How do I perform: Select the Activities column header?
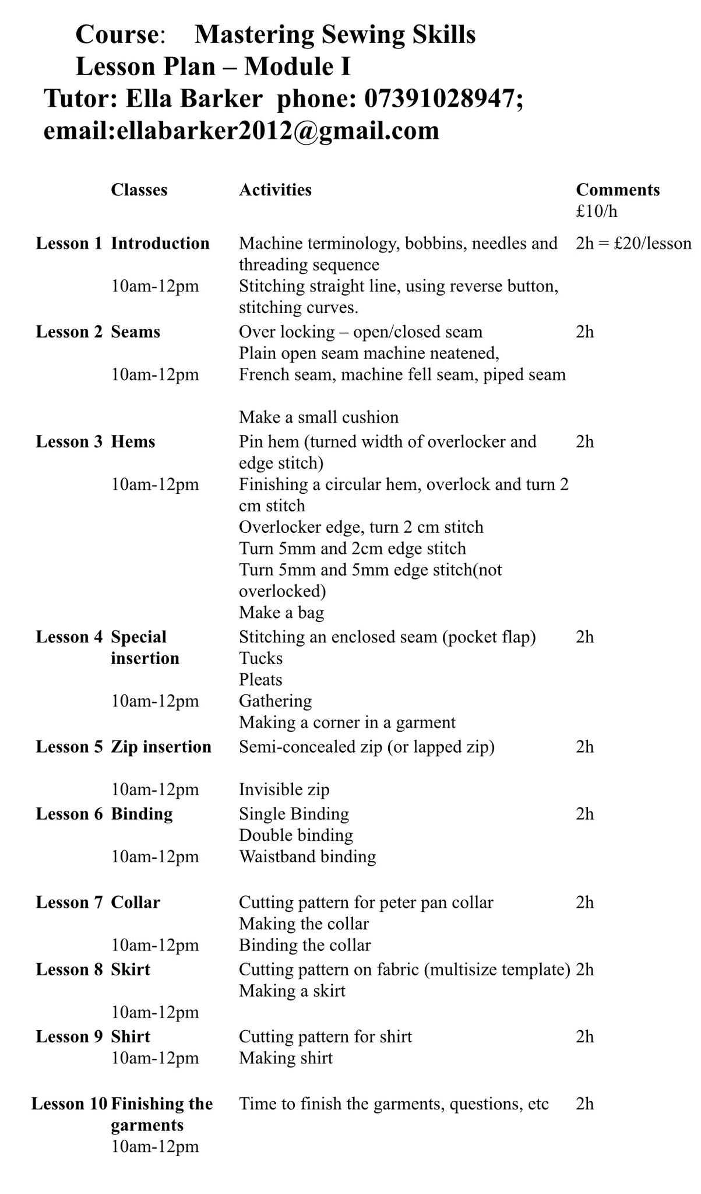click(x=275, y=189)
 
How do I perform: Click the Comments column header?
click(x=618, y=189)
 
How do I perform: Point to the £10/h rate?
click(x=596, y=210)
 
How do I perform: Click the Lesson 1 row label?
click(x=69, y=243)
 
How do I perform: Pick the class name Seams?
click(x=135, y=332)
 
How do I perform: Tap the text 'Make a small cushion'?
click(x=319, y=417)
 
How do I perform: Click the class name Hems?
click(x=133, y=441)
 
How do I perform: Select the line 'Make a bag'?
click(x=281, y=612)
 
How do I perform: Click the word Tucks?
click(x=260, y=658)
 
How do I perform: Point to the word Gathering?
click(x=275, y=701)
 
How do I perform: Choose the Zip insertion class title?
click(x=161, y=747)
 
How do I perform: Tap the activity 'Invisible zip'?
click(x=284, y=789)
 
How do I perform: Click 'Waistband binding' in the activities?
click(x=307, y=856)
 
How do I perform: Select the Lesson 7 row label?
click(x=69, y=902)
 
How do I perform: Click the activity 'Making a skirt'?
click(x=292, y=991)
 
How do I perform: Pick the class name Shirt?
click(x=131, y=1037)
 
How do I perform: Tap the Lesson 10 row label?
click(x=69, y=1104)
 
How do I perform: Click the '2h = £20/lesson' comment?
click(x=633, y=243)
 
